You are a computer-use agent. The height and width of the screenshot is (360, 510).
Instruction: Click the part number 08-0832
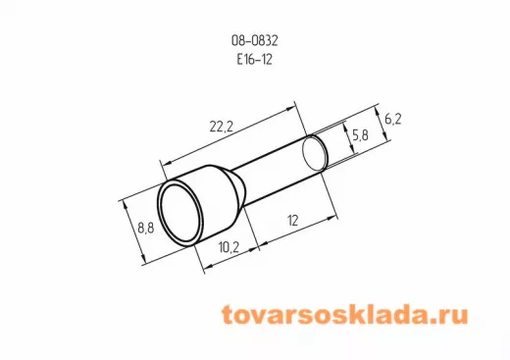tap(255, 40)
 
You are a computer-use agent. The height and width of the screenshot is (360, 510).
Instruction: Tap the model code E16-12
tap(255, 60)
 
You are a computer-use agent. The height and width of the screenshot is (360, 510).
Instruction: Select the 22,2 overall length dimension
tap(222, 127)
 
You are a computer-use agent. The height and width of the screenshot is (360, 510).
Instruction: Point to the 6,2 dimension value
tap(392, 120)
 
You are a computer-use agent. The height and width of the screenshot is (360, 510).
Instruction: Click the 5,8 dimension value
tap(360, 134)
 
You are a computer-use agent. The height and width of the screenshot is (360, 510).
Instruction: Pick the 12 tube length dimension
tap(293, 221)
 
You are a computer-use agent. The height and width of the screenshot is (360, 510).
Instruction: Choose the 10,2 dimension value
tap(229, 247)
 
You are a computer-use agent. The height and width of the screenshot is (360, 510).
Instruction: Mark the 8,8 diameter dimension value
tap(146, 228)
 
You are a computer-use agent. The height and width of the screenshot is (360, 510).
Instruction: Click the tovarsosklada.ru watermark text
tap(345, 315)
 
